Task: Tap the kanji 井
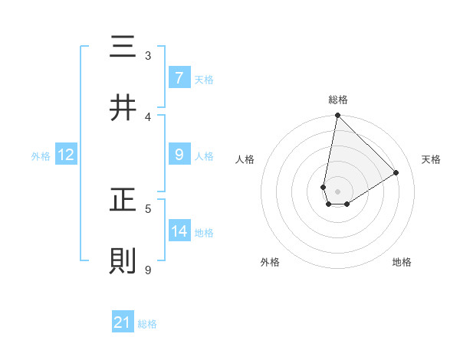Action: pyautogui.click(x=123, y=109)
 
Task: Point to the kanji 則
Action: pyautogui.click(x=123, y=262)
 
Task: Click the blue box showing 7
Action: pyautogui.click(x=179, y=78)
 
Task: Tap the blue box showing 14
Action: pyautogui.click(x=179, y=231)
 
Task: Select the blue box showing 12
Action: pyautogui.click(x=66, y=155)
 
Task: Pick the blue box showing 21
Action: pyautogui.click(x=123, y=322)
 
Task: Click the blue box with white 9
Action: pyautogui.click(x=179, y=155)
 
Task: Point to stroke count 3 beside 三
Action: pyautogui.click(x=148, y=55)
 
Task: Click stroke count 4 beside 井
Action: pyautogui.click(x=148, y=116)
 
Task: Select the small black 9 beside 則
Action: pyautogui.click(x=148, y=270)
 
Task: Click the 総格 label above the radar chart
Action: pyautogui.click(x=337, y=100)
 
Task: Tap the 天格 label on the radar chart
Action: pyautogui.click(x=432, y=159)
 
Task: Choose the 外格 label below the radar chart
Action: pyautogui.click(x=270, y=262)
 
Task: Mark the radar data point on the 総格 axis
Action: pyautogui.click(x=337, y=116)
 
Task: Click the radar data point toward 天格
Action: pyautogui.click(x=396, y=172)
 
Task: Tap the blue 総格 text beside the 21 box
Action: pyautogui.click(x=147, y=324)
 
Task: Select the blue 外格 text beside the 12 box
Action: pyautogui.click(x=41, y=156)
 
